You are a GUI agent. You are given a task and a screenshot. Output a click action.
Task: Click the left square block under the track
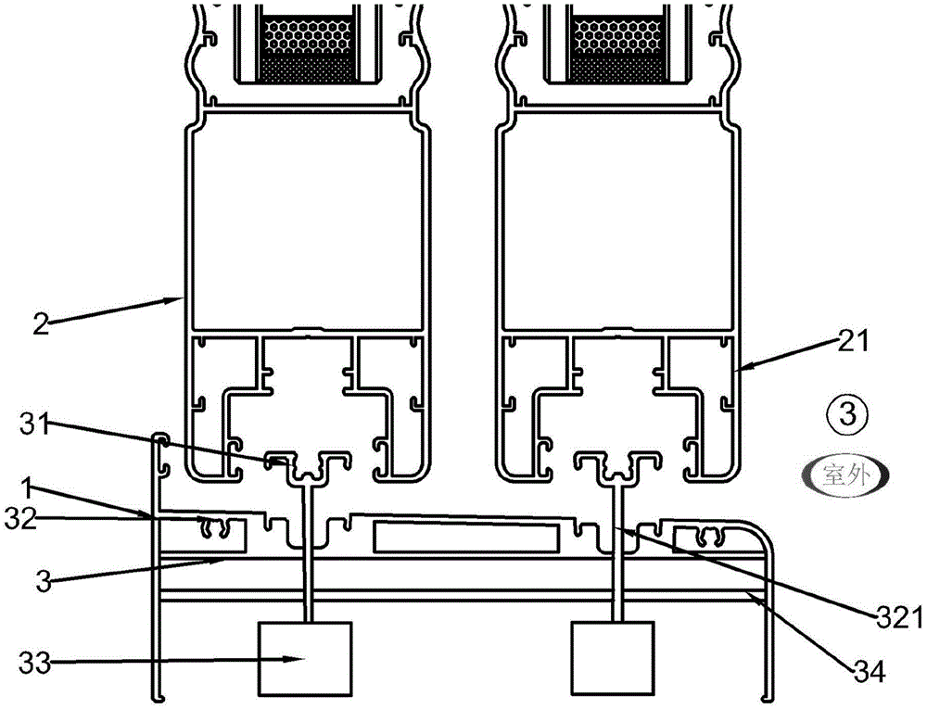click(x=305, y=658)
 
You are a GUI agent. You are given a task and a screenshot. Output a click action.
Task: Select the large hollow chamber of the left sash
click(x=306, y=222)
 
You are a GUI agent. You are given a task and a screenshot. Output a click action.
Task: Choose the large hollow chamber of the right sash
click(x=617, y=222)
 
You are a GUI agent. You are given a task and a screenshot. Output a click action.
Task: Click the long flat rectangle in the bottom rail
click(x=465, y=537)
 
